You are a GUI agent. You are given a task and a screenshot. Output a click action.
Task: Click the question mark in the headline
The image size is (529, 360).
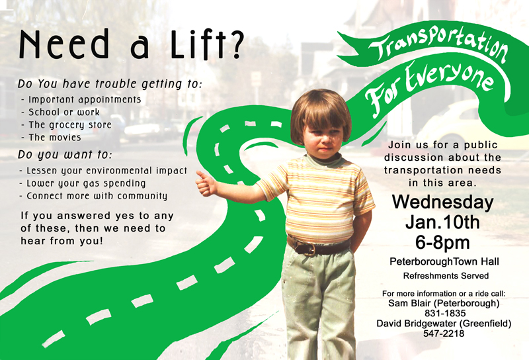[x=234, y=44]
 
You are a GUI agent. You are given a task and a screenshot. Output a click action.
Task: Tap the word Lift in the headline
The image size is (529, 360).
[x=197, y=44]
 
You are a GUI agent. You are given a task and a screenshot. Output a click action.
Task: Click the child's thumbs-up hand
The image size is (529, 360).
[x=206, y=183]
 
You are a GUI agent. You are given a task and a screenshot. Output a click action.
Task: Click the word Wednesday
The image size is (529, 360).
[x=442, y=202]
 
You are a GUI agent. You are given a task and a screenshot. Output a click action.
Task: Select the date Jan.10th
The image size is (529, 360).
[x=442, y=222]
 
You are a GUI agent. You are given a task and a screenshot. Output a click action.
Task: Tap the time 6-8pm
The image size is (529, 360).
[x=442, y=242]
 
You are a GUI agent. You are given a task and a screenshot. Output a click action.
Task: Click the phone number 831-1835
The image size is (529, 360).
[x=445, y=313]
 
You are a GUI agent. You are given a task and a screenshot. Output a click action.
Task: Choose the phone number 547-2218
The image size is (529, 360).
[x=444, y=334]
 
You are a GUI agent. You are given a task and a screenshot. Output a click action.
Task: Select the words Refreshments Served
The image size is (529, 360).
[x=446, y=276]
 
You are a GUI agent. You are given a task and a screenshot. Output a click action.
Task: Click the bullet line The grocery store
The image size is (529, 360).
[x=67, y=125]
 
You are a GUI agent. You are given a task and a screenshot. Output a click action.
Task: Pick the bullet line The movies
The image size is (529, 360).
[x=52, y=138]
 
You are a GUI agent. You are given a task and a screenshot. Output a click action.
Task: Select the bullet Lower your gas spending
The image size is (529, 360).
[x=83, y=183]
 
